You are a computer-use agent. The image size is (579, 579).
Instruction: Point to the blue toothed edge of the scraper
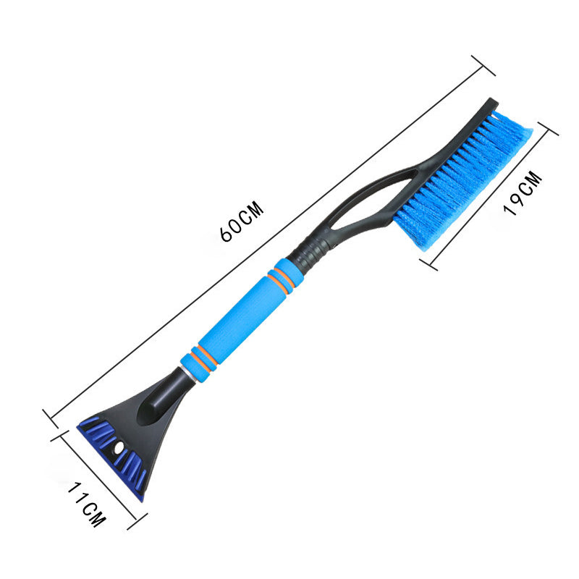[x=109, y=456]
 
